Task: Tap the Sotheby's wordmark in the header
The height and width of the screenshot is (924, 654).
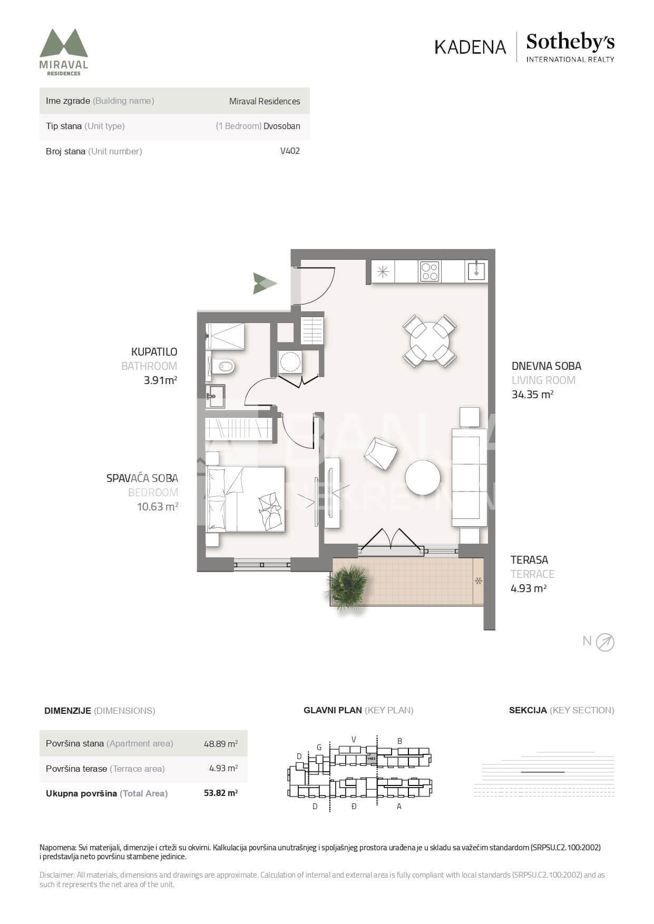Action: tap(570, 42)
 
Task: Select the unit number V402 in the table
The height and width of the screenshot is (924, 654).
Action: tap(290, 151)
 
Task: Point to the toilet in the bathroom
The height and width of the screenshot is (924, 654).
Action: tap(221, 366)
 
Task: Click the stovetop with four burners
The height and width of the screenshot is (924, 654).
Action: tap(430, 271)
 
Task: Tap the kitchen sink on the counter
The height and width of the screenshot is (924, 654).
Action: tap(476, 271)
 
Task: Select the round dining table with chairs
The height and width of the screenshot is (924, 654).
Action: tap(430, 341)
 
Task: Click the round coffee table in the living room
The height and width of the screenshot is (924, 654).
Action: tap(423, 477)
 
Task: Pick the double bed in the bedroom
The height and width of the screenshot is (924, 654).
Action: tap(246, 499)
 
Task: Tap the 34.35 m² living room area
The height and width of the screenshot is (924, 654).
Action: tap(532, 395)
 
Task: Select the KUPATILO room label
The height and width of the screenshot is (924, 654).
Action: tap(154, 352)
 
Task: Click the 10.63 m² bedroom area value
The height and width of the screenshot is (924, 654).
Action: tap(157, 507)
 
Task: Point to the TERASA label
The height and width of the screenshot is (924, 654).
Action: tap(529, 560)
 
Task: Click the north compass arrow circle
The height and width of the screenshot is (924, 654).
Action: tap(605, 642)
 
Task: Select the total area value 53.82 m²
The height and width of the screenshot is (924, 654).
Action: tap(221, 793)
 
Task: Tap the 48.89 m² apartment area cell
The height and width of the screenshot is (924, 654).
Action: tap(221, 744)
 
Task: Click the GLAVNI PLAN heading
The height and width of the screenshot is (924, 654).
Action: tap(333, 710)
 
